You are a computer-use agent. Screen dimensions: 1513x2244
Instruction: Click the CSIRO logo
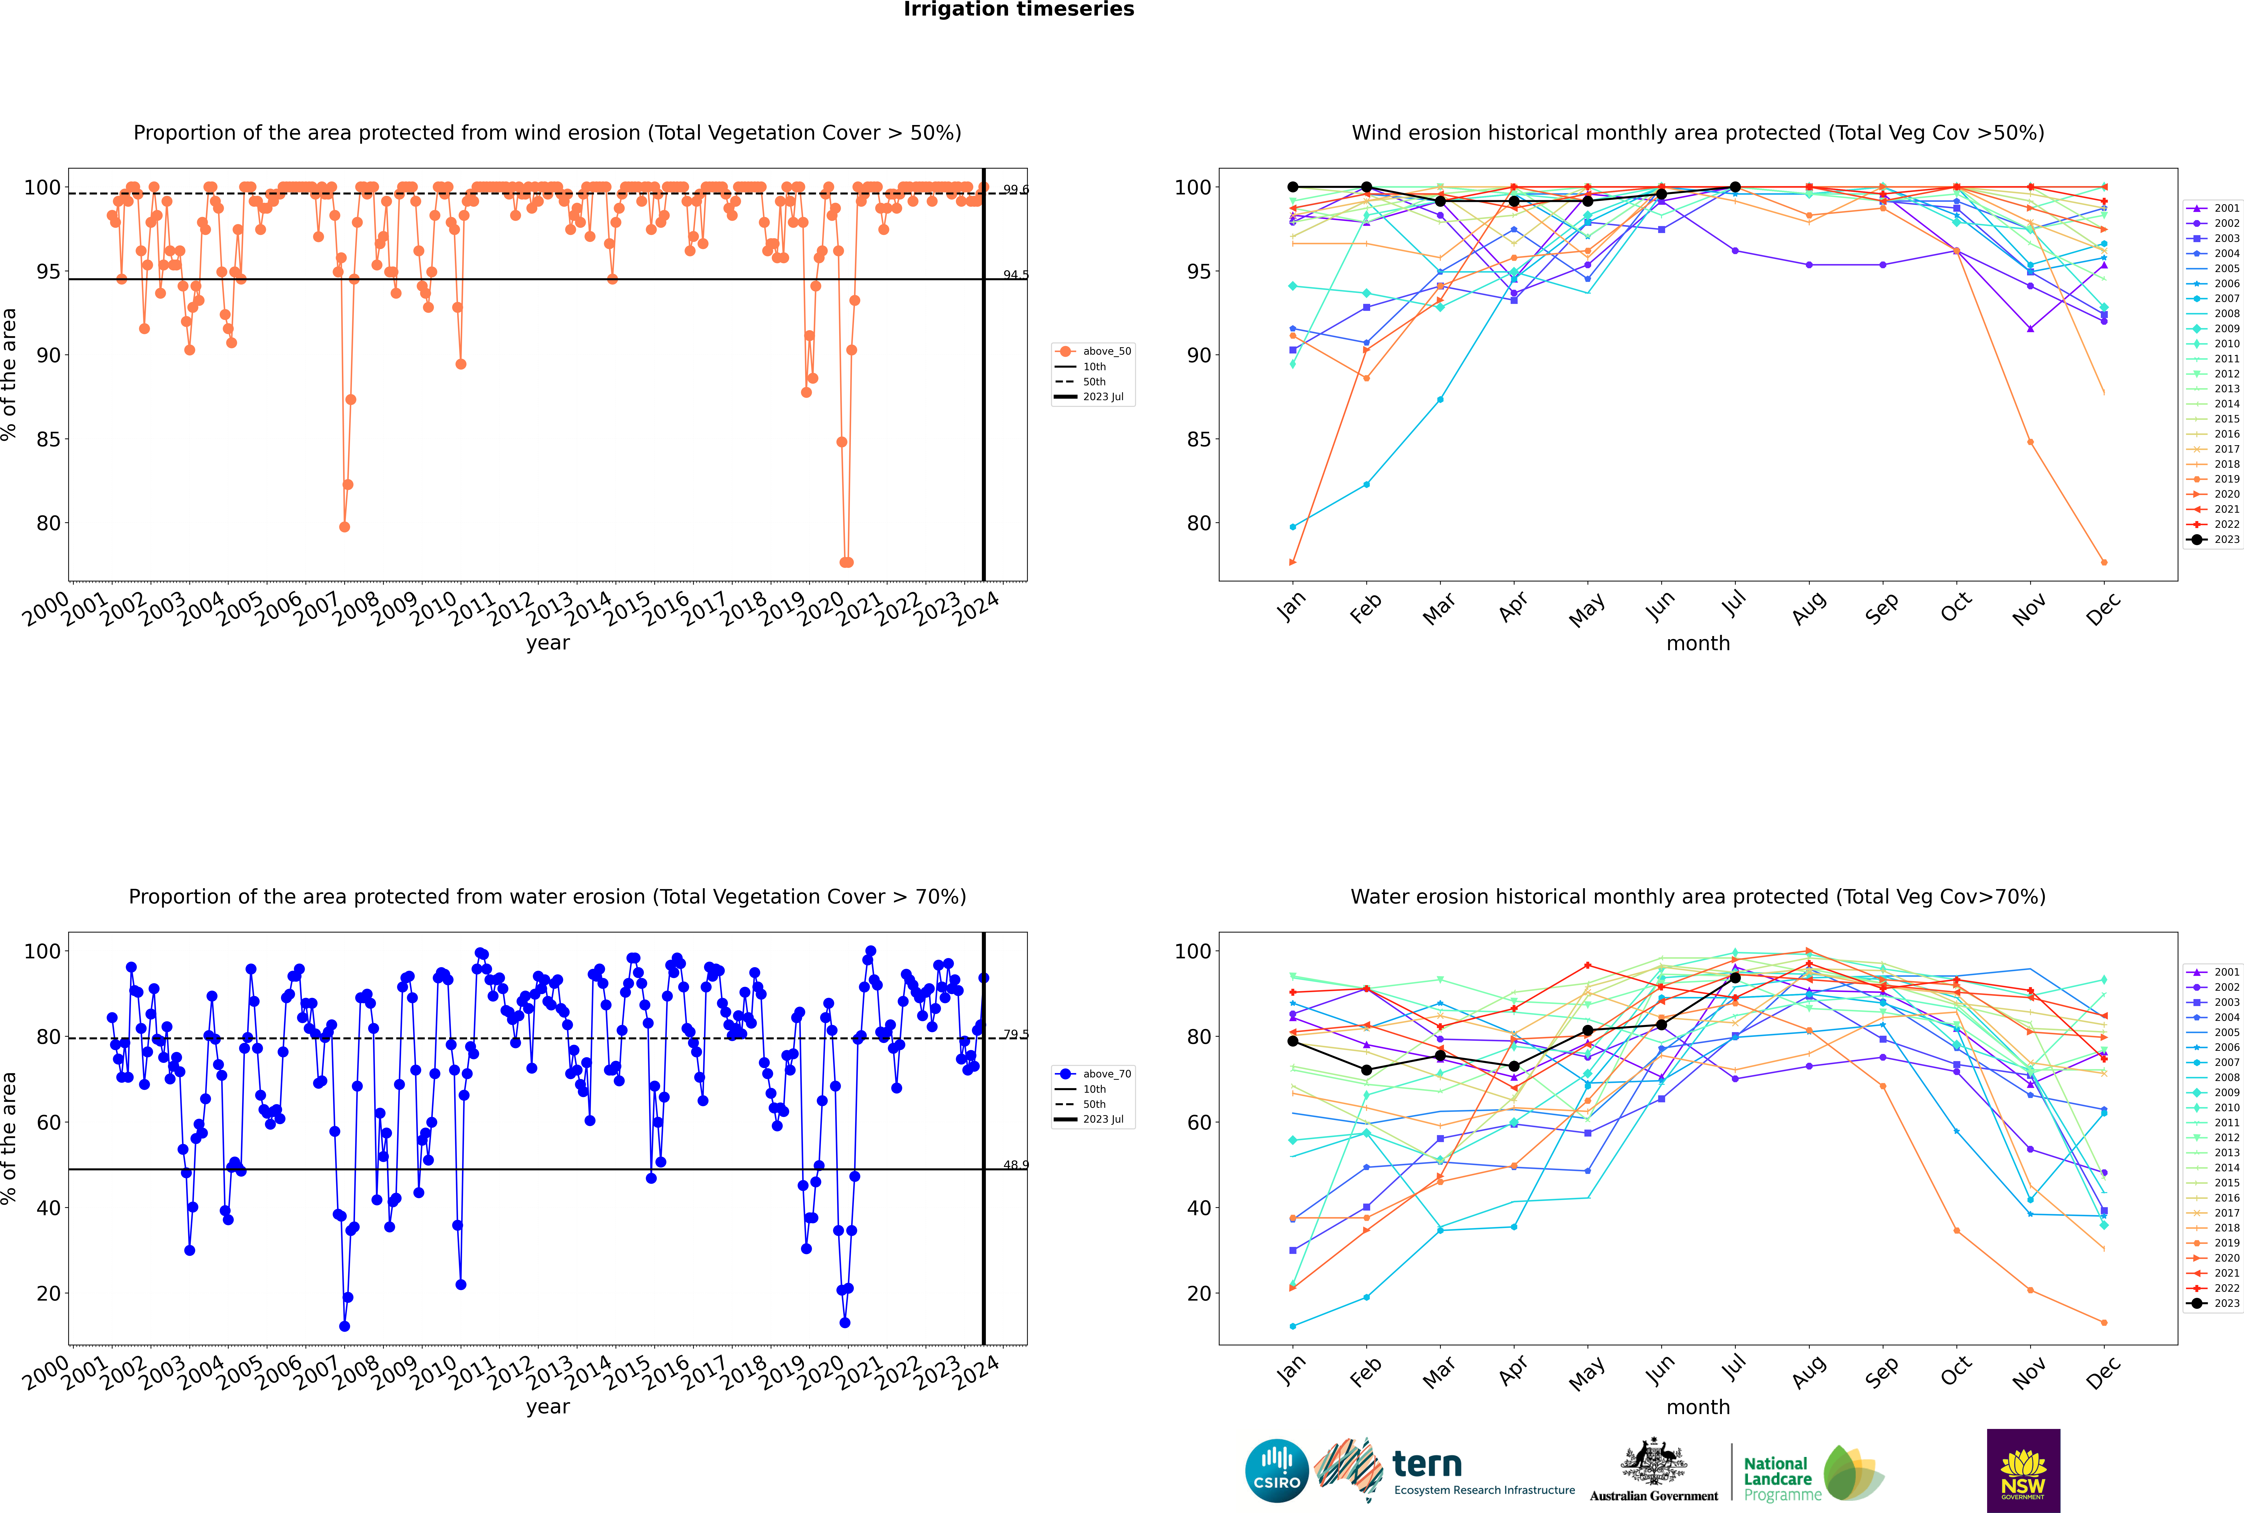point(1276,1471)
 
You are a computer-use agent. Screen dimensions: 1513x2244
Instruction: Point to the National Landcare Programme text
point(1777,1478)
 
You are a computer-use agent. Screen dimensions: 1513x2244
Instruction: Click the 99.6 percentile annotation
point(1015,190)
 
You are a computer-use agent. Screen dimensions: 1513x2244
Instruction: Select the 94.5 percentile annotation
point(1015,275)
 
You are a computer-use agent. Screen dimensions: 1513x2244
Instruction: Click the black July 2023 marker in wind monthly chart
point(1735,187)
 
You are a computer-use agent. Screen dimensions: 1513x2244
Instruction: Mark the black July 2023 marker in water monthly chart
point(1735,978)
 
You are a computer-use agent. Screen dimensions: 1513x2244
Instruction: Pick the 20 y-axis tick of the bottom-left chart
point(48,1294)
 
